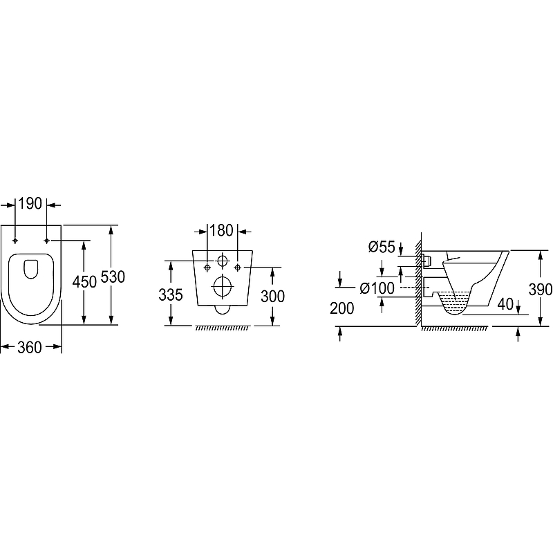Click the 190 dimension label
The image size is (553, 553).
click(30, 203)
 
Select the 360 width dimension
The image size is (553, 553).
click(30, 348)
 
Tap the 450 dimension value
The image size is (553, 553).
click(84, 282)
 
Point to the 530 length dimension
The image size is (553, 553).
click(113, 277)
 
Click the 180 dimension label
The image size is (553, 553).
click(221, 230)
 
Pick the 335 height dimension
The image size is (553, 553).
click(171, 295)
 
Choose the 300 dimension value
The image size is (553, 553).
click(272, 297)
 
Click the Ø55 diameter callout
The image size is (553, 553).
click(382, 247)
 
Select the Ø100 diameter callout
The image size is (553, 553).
click(377, 288)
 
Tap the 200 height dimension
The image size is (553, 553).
click(342, 308)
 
